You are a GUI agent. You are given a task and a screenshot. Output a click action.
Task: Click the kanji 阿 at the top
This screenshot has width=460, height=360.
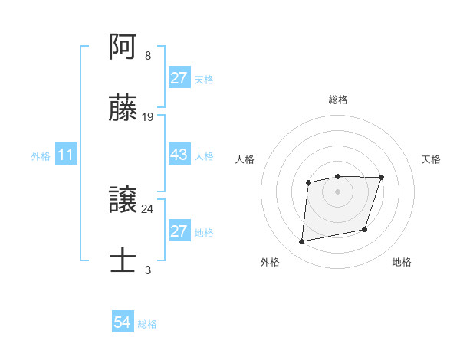coord(124,48)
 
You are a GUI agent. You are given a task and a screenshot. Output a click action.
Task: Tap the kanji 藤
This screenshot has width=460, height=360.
coord(124,109)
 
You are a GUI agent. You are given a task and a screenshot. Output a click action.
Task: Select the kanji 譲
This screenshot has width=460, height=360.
coord(124,201)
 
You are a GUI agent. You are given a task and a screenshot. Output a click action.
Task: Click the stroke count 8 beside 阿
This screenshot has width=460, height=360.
coord(147,56)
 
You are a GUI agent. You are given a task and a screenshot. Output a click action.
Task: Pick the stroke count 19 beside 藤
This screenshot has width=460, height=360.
coord(148,117)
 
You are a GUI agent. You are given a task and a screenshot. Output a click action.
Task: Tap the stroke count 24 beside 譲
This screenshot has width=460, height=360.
coord(148,208)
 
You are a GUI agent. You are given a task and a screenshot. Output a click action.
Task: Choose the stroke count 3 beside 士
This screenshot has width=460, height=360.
coord(147,270)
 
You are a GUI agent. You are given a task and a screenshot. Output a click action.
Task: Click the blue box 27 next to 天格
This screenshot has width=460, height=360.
coord(179,78)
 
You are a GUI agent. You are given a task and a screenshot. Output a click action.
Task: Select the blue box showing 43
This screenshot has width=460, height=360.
coord(179,154)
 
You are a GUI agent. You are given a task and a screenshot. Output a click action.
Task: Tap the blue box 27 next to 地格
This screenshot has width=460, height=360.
coord(179,231)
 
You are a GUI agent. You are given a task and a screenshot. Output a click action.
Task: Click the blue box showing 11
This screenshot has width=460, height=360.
coord(66,155)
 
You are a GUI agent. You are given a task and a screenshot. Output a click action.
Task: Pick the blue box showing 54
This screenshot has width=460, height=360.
coord(122,323)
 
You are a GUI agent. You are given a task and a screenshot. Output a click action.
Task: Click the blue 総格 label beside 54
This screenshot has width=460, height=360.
coord(147,324)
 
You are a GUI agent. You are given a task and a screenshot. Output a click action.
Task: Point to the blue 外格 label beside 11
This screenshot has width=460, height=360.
coord(41,155)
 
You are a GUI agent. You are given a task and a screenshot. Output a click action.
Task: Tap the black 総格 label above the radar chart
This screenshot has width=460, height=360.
coord(337,100)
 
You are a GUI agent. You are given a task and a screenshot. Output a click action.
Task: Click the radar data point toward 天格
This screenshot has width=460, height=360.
coord(381,178)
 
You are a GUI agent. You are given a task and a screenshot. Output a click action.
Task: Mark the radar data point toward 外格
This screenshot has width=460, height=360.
coord(302,242)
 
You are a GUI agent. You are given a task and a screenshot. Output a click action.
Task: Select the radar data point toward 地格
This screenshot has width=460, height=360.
coord(366,229)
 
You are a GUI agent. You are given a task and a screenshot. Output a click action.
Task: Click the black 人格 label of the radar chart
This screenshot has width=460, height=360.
coord(245,159)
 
